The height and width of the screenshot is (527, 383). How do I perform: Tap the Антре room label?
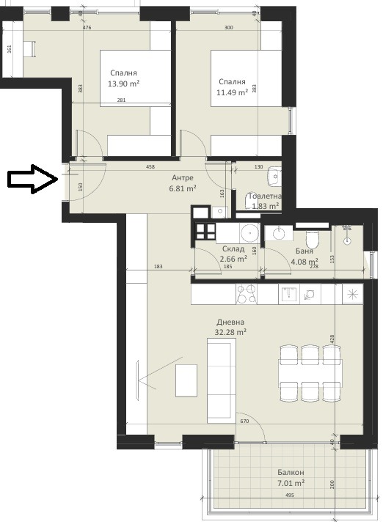click(x=183, y=178)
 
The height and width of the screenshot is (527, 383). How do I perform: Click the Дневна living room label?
click(x=230, y=322)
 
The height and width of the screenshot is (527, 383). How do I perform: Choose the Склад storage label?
click(x=234, y=249)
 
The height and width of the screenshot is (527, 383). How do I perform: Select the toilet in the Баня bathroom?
click(x=311, y=239)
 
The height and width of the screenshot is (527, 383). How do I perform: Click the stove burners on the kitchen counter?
click(x=247, y=295)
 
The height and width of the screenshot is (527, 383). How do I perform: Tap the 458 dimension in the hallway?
click(x=150, y=167)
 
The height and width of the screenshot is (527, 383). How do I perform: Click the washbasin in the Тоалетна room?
click(x=274, y=175)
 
